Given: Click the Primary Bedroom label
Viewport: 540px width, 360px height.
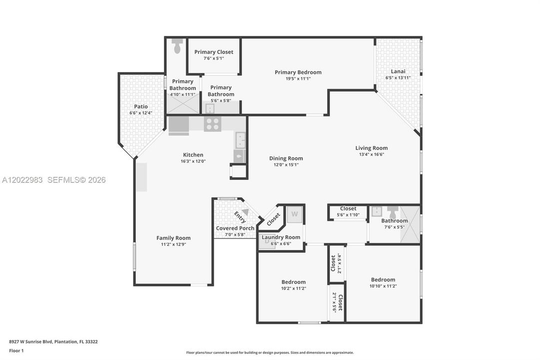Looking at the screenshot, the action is coord(298,72).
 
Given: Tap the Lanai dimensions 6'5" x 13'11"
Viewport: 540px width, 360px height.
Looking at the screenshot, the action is coord(398,78).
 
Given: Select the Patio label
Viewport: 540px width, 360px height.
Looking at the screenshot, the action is coord(141,106).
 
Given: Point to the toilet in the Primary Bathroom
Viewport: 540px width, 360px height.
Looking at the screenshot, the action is coord(177,46).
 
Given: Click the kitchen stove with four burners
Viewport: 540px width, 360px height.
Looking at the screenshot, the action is coord(212,124).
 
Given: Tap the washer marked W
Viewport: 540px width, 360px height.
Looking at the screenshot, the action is coord(294,214).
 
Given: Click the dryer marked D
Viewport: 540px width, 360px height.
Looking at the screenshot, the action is coord(267,241).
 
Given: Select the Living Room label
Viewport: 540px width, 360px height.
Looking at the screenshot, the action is coord(372,148).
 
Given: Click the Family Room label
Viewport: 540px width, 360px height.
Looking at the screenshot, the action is coord(173,238).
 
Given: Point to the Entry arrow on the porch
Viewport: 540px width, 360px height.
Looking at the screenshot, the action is coord(245,211).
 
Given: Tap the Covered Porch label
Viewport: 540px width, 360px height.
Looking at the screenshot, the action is coord(235,228).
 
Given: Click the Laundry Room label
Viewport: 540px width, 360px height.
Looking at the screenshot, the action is coord(281,237).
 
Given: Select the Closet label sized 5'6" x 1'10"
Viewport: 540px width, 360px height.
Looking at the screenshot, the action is coord(348,208).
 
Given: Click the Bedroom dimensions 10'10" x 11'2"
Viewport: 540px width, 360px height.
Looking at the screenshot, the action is coord(383,286).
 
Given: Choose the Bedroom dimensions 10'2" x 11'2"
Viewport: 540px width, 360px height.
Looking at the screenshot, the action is coord(293,288).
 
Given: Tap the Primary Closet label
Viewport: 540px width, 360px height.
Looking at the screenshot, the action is coord(213,52).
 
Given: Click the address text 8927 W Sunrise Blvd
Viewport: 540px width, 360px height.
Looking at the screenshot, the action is coord(30,341).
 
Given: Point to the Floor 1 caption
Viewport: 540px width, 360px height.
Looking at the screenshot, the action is coord(16,350).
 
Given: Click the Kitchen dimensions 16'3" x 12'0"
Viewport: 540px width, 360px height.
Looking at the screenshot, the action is coord(193,161).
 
